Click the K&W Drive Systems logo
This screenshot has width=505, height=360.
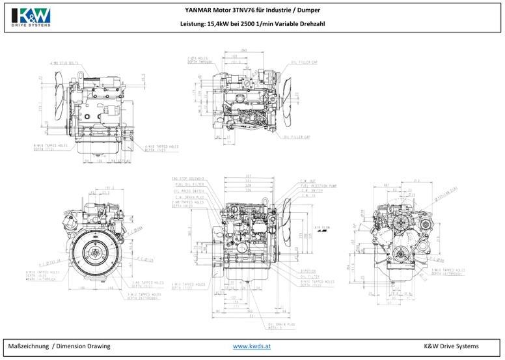click(x=31, y=16)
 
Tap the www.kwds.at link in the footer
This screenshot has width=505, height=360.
click(x=251, y=346)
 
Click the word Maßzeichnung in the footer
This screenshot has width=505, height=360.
click(x=29, y=346)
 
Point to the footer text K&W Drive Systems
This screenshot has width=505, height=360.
click(x=451, y=346)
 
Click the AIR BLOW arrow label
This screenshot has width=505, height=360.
click(x=321, y=228)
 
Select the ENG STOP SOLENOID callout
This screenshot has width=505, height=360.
click(x=188, y=178)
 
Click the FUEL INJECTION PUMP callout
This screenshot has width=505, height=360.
click(x=319, y=185)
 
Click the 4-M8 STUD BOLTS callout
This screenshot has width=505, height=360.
click(x=64, y=63)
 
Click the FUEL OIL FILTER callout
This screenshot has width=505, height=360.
click(x=189, y=184)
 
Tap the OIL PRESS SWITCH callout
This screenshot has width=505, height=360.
click(x=189, y=190)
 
